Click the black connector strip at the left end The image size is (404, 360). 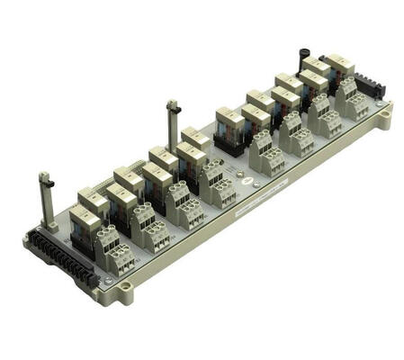(x=58, y=256)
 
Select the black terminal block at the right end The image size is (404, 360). (x=366, y=87)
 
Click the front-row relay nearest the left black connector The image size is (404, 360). (x=85, y=223)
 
